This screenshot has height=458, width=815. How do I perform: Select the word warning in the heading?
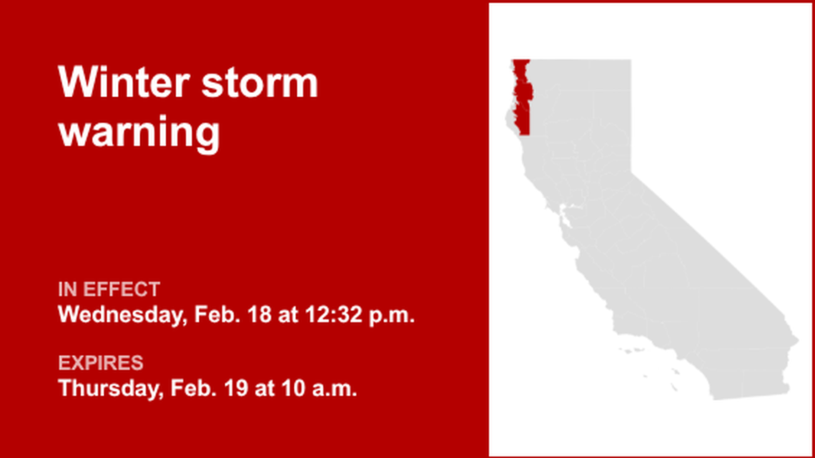click(x=139, y=132)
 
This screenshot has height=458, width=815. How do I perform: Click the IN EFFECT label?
click(x=109, y=289)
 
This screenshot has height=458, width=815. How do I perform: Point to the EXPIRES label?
click(x=100, y=363)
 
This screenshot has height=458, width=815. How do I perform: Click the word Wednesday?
click(x=122, y=315)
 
